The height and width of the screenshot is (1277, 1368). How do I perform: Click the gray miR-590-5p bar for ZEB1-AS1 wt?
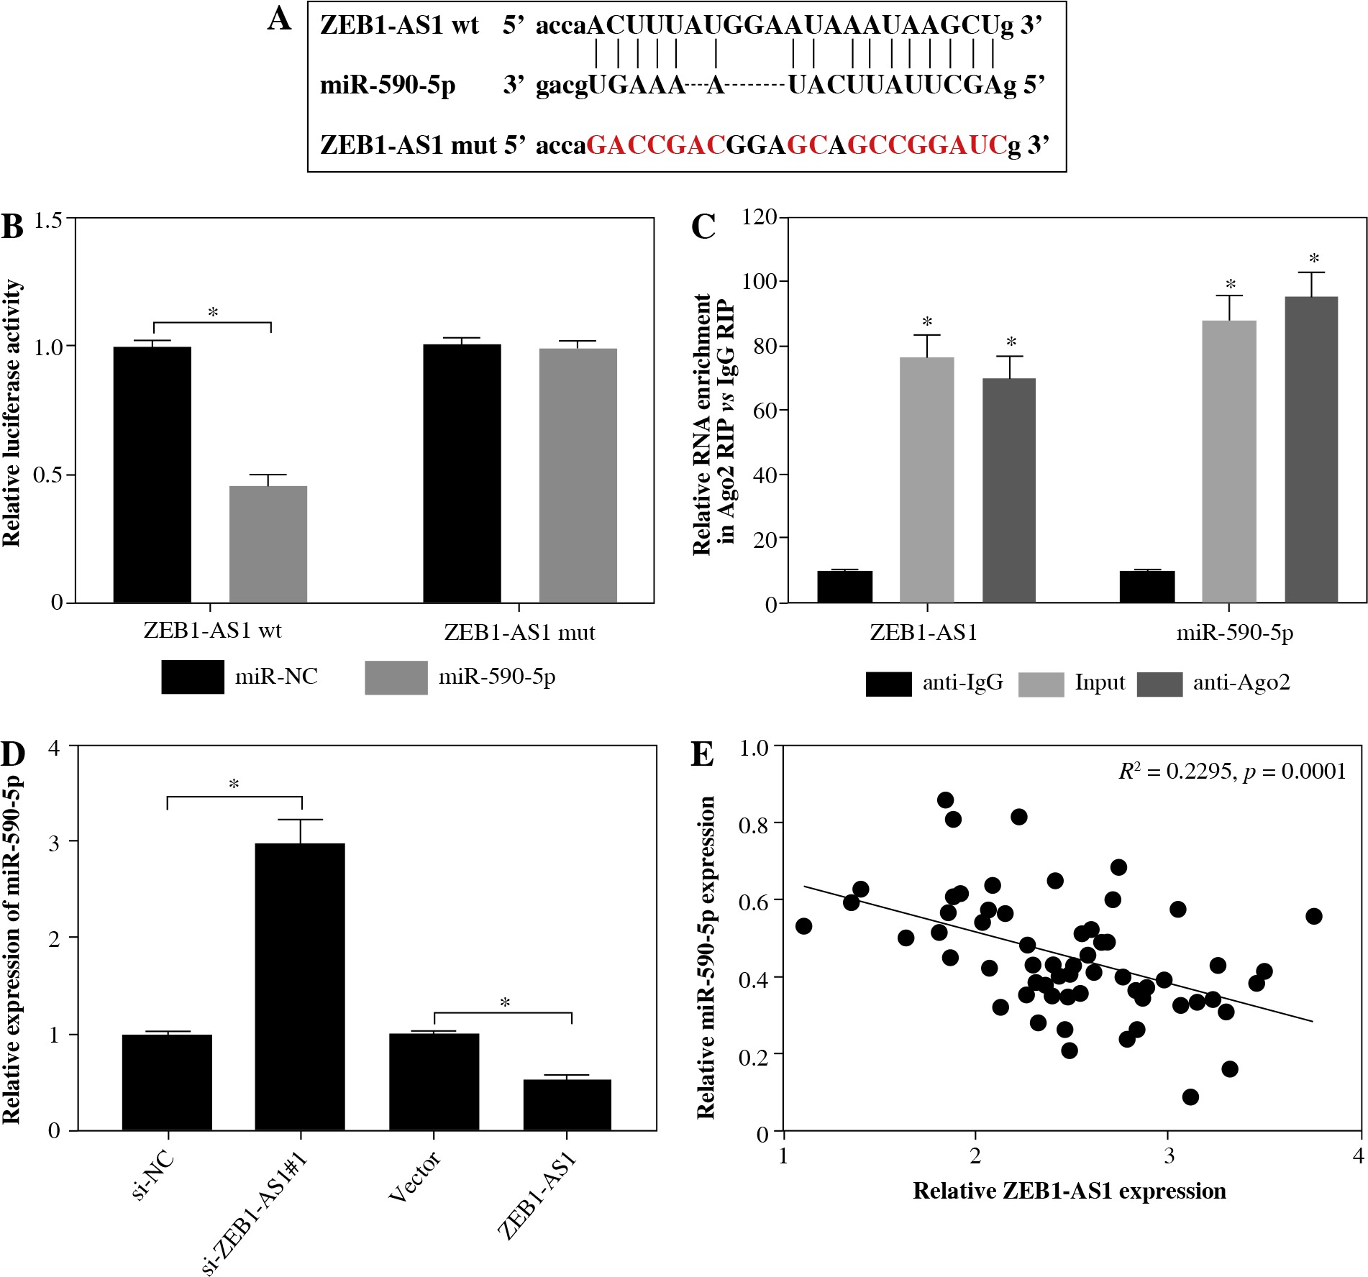click(x=268, y=544)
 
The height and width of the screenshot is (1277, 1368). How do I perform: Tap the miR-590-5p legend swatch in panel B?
click(x=396, y=677)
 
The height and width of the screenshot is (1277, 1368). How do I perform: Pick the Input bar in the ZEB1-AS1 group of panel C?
click(x=926, y=480)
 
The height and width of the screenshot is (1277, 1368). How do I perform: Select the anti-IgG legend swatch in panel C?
click(x=888, y=684)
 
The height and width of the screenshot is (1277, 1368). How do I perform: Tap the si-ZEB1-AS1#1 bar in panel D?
click(x=300, y=987)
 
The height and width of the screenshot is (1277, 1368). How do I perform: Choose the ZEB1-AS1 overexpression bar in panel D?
click(x=567, y=1104)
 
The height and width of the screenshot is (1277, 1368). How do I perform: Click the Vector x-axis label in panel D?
click(x=414, y=1176)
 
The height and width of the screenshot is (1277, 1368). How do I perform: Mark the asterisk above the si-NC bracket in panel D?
click(x=234, y=784)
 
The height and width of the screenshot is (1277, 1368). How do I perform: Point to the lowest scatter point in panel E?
click(x=1190, y=1097)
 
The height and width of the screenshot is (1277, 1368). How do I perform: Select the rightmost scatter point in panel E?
click(x=1314, y=916)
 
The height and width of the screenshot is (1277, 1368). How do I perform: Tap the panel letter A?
click(x=279, y=19)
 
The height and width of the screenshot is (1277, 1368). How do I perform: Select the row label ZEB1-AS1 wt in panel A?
click(x=399, y=26)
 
